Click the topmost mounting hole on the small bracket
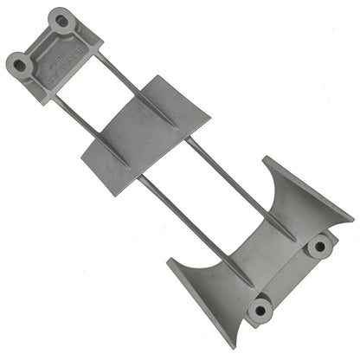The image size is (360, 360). [x=60, y=18]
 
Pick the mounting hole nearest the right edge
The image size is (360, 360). [x=320, y=247]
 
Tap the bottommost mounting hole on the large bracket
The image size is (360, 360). [x=259, y=308]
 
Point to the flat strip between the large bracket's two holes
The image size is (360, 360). [x=291, y=277]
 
